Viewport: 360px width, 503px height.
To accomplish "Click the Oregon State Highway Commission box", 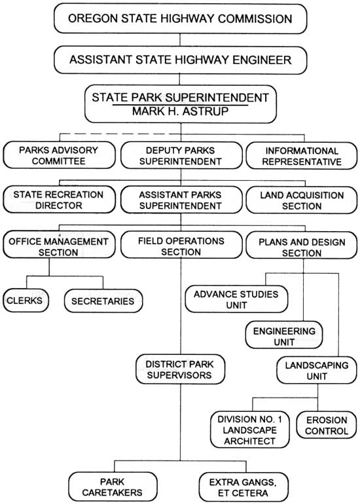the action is point(181,18).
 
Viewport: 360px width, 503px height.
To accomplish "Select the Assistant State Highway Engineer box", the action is point(181,60).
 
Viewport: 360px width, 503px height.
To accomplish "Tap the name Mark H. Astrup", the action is point(181,111).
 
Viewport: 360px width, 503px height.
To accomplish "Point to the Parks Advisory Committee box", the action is point(60,156).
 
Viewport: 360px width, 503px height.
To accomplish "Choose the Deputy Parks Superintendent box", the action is point(181,156).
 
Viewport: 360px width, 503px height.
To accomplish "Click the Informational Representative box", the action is point(302,157).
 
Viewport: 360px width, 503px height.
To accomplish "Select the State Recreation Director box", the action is point(60,200).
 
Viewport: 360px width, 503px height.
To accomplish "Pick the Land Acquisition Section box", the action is point(302,200).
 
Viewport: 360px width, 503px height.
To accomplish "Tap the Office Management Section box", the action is point(60,244).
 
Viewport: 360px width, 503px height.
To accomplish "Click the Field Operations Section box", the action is point(181,245).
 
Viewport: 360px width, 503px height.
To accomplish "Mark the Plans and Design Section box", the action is point(302,246).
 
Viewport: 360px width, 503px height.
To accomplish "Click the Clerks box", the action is point(26,301).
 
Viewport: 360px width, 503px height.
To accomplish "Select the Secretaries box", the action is point(103,301).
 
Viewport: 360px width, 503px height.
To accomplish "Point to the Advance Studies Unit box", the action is point(236,299).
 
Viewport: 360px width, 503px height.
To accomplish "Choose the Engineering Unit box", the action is point(284,335).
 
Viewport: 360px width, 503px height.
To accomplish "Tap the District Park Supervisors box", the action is point(180,369).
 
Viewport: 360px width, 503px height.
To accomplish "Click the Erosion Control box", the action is point(327,425).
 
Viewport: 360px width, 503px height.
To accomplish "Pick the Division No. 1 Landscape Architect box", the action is point(250,430).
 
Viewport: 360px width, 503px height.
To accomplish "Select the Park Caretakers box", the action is point(113,487).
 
